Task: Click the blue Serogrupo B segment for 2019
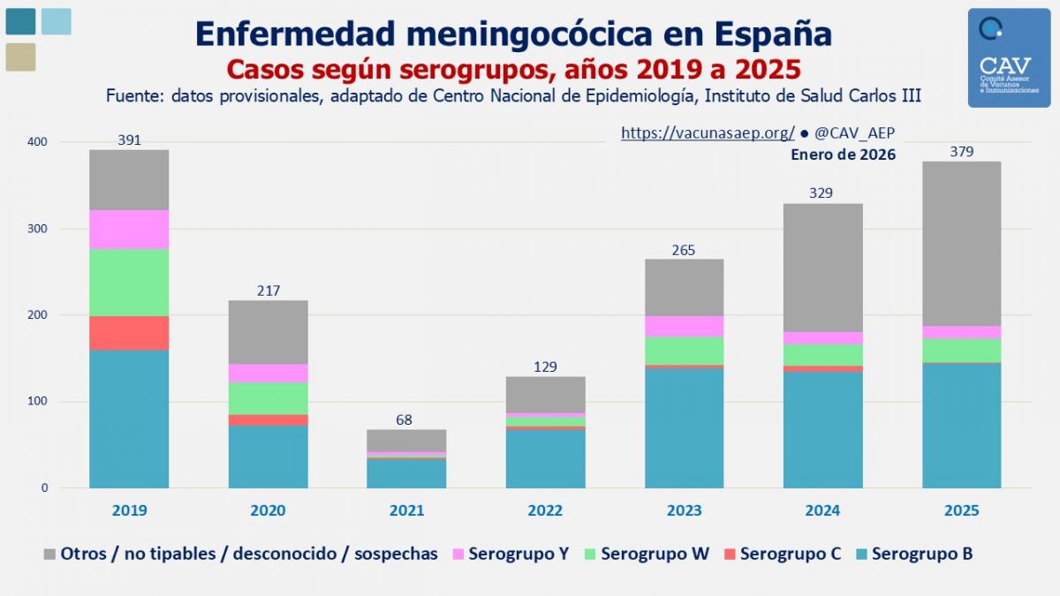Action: coord(129,419)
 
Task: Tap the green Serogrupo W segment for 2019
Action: coord(129,283)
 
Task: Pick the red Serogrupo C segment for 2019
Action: coord(129,334)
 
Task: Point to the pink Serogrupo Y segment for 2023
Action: coord(684,327)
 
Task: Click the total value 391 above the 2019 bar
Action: coord(129,140)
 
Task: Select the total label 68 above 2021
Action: coord(405,420)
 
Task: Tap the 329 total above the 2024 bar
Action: coord(823,193)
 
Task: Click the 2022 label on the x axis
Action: coord(545,510)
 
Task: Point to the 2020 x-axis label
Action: coord(268,510)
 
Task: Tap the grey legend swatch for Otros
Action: coord(50,555)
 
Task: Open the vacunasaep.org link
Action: coord(708,132)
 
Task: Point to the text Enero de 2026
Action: coord(843,155)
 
